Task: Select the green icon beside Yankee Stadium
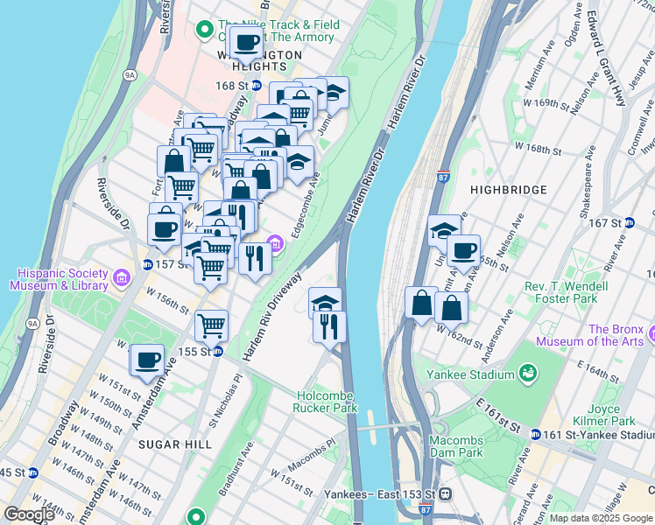point(528,374)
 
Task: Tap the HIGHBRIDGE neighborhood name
point(508,189)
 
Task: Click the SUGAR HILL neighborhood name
point(174,444)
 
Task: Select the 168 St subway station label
point(232,86)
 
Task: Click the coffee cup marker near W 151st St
point(147,359)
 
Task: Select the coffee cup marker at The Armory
point(245,41)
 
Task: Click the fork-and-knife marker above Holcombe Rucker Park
point(330,326)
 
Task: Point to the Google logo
point(29,514)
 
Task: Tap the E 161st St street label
point(499,415)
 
